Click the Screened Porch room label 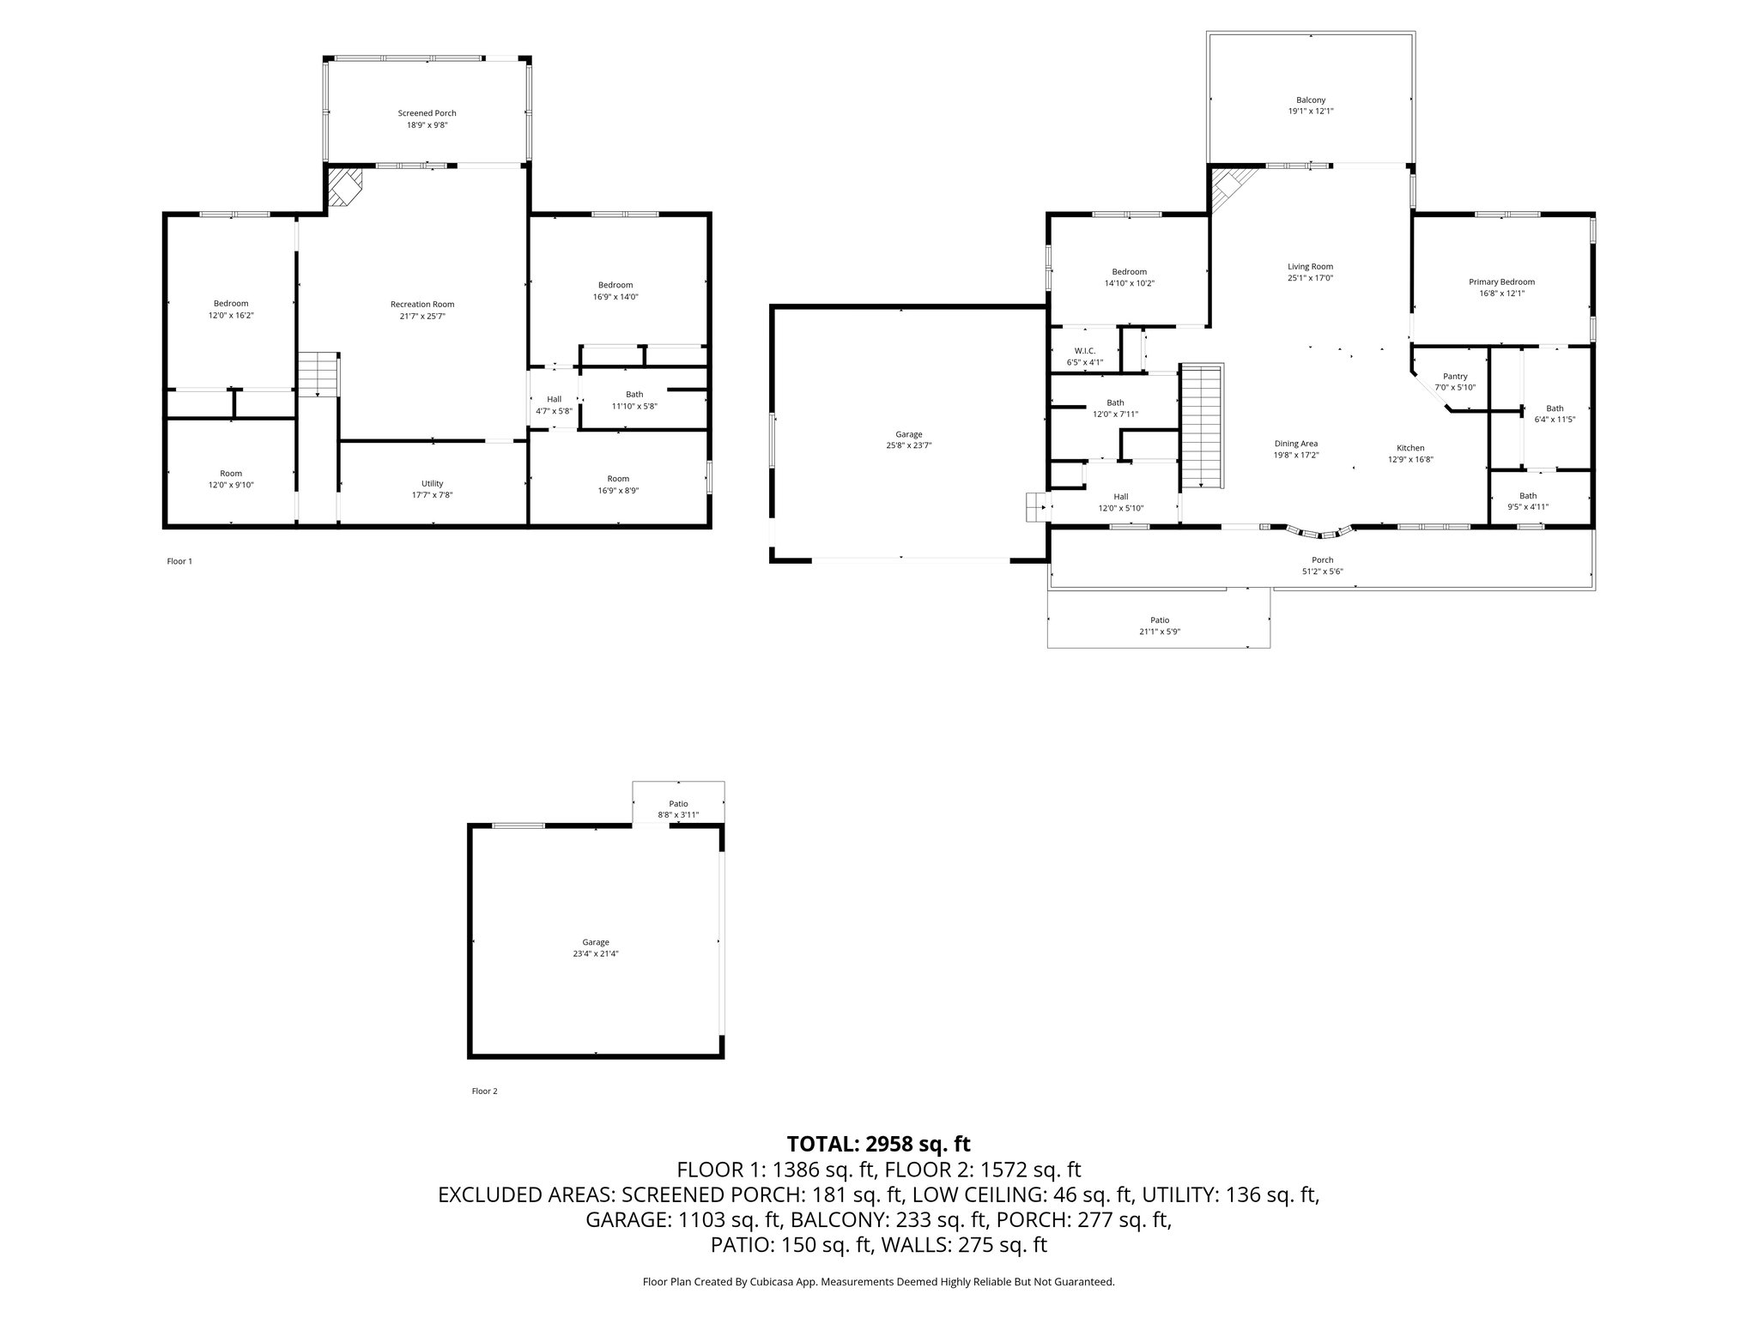427,113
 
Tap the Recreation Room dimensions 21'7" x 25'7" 422,316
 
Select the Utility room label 432,484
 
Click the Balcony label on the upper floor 1311,100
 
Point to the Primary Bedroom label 1501,282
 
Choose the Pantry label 1455,377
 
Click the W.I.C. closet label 1084,351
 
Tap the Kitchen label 1410,448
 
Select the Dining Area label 1295,444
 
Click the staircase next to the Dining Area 1202,426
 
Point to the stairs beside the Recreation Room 318,374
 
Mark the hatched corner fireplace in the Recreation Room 345,187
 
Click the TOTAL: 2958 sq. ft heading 878,1144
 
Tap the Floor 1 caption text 179,561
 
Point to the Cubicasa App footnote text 878,1282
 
